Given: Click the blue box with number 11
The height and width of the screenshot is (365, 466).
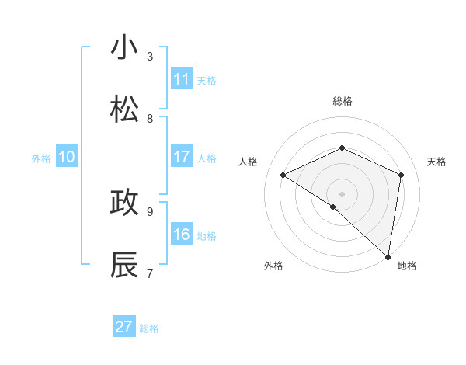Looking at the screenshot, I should (x=182, y=79).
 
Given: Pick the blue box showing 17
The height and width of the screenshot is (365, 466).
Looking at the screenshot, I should (x=182, y=157).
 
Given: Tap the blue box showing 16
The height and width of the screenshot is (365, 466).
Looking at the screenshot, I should (x=182, y=235).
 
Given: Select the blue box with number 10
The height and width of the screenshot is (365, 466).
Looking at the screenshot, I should (x=67, y=157).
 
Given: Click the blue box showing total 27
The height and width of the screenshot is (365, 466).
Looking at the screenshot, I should (x=124, y=327).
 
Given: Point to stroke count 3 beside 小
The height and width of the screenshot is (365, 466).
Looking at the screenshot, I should (x=150, y=56).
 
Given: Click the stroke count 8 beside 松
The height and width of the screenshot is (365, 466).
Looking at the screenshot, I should (x=150, y=118).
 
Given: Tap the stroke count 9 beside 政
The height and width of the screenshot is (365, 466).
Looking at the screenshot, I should (x=150, y=210).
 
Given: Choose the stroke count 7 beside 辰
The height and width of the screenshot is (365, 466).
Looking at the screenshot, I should (x=150, y=273).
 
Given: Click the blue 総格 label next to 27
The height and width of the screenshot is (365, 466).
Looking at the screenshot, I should (x=149, y=328).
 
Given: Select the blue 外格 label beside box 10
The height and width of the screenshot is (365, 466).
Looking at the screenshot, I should (x=41, y=158).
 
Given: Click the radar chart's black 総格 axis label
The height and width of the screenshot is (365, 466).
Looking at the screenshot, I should (x=342, y=101).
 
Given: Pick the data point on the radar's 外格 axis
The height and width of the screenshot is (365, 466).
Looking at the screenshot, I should (x=332, y=207).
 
